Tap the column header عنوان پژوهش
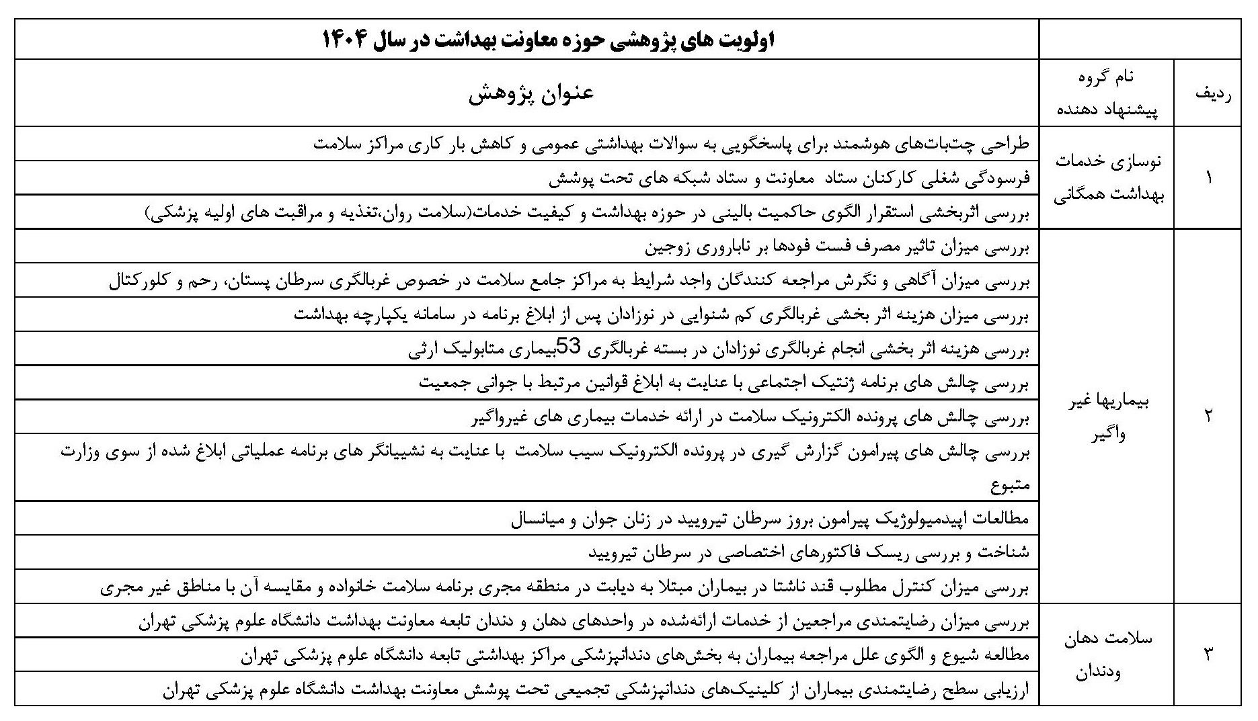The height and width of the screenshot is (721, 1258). [531, 93]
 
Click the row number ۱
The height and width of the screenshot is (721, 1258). [1208, 178]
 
